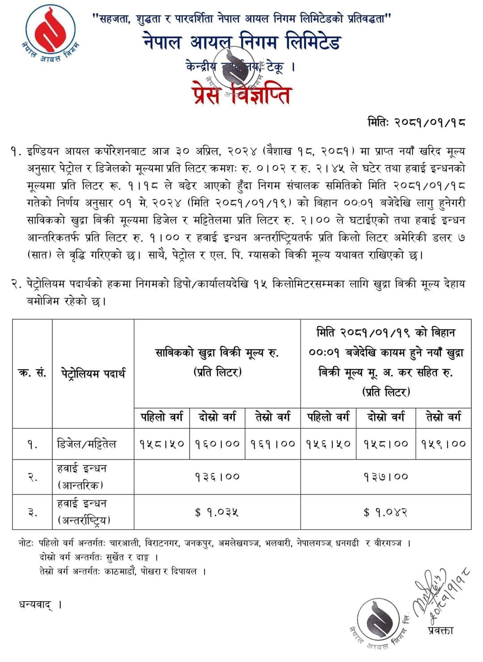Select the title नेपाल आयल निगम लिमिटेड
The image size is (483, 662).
(242, 43)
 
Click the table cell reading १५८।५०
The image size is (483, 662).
(161, 444)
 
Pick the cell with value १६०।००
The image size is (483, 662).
(217, 444)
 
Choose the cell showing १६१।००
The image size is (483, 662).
(273, 444)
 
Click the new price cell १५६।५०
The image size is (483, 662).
(329, 444)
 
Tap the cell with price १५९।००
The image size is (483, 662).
(443, 444)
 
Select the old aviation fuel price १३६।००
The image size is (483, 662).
(217, 477)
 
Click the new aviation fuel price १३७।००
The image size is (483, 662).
(386, 477)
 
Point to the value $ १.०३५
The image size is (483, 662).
(217, 512)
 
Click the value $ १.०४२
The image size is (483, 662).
(386, 512)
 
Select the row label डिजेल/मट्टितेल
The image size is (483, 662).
(87, 444)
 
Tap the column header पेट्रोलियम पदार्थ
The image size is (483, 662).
(93, 373)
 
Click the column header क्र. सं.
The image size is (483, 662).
(32, 373)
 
